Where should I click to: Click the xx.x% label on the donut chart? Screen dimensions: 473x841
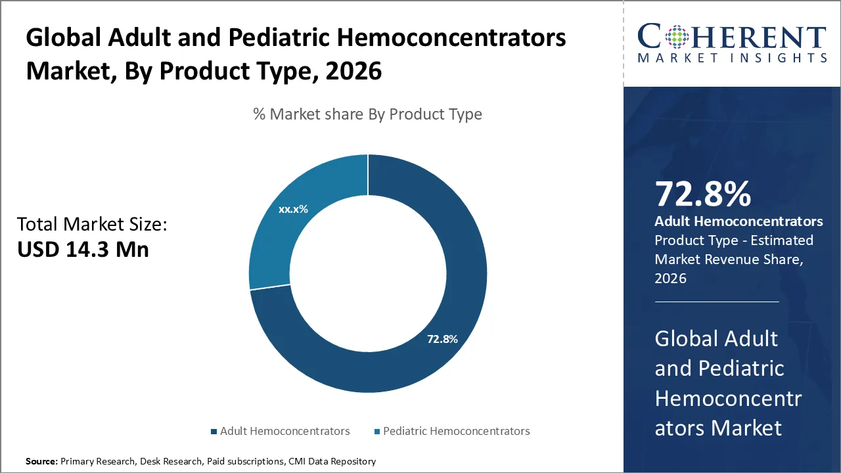click(x=293, y=210)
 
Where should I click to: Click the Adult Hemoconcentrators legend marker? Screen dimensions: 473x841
click(x=214, y=432)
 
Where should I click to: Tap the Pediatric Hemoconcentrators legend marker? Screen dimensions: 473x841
click(x=376, y=432)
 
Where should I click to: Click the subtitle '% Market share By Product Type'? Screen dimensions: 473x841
click(x=367, y=114)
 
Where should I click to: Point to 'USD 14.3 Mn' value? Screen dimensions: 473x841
click(x=83, y=250)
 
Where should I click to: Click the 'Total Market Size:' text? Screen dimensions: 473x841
click(x=92, y=225)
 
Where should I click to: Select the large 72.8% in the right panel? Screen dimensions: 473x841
click(x=702, y=194)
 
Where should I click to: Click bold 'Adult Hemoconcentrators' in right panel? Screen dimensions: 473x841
click(x=739, y=221)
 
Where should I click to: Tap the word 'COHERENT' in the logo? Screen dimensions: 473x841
click(x=731, y=37)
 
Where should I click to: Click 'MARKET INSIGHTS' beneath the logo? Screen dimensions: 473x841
click(x=731, y=58)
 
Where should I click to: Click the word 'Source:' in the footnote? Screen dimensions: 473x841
click(x=41, y=462)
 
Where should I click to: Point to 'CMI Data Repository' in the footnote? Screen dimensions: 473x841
click(x=332, y=462)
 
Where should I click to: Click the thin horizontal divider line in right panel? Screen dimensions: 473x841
click(x=716, y=302)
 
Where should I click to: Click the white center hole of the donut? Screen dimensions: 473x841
click(x=367, y=273)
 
